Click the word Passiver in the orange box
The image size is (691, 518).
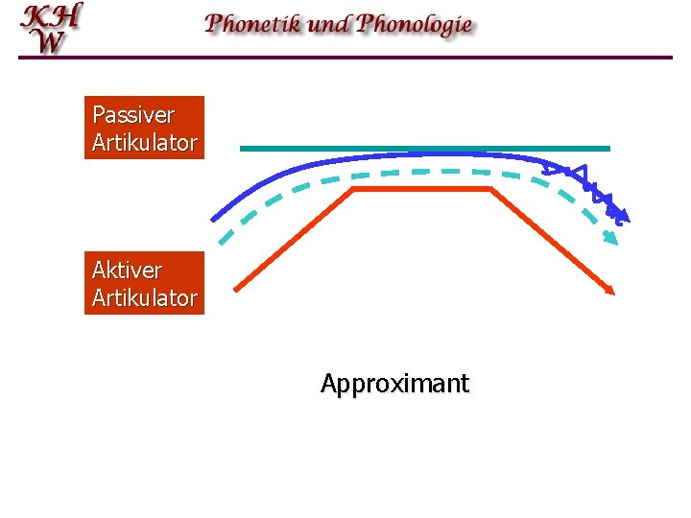[132, 115]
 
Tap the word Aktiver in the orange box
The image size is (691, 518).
[127, 270]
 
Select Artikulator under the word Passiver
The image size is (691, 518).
[144, 144]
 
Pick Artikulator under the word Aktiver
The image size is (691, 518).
[144, 298]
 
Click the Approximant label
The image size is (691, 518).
[394, 385]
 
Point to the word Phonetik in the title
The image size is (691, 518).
[253, 24]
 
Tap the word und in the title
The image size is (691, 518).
[329, 24]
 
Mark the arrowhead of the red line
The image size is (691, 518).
[608, 290]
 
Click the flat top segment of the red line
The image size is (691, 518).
[422, 189]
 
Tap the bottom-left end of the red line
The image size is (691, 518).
[237, 287]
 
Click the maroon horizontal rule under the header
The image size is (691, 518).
[345, 58]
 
